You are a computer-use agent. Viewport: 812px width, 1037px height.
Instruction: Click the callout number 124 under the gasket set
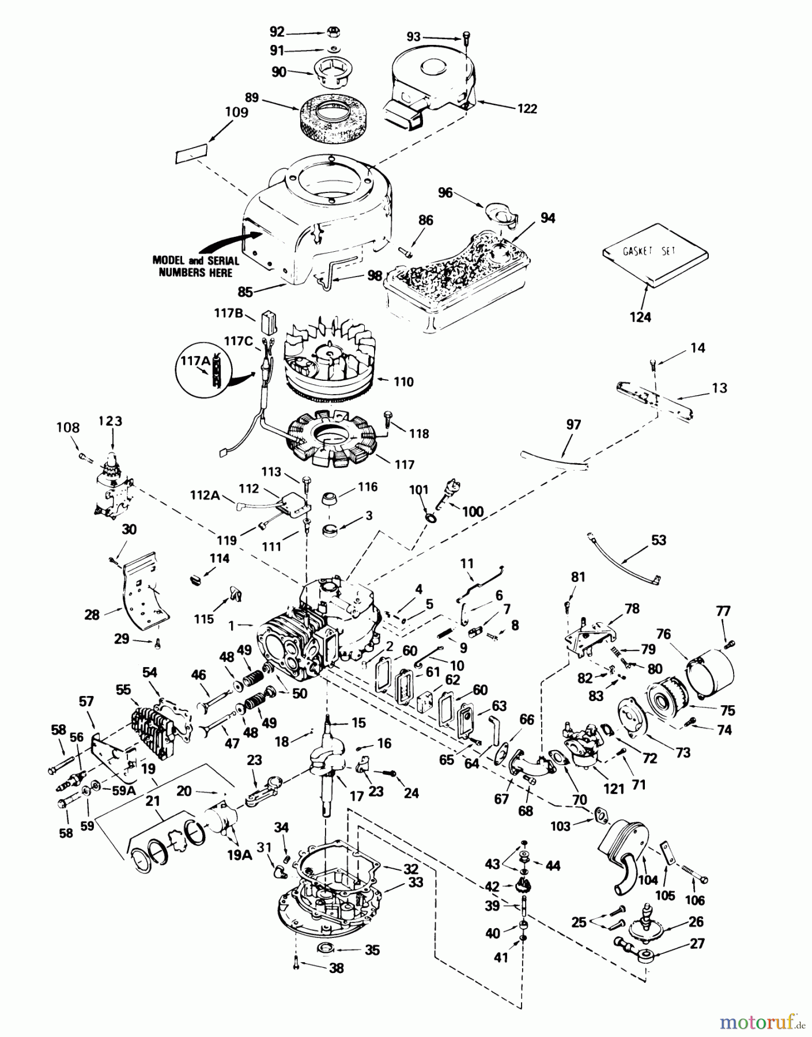coord(640,316)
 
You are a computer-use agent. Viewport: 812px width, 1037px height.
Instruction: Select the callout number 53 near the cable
coord(658,540)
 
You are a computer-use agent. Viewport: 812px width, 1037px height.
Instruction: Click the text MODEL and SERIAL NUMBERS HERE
coord(195,266)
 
